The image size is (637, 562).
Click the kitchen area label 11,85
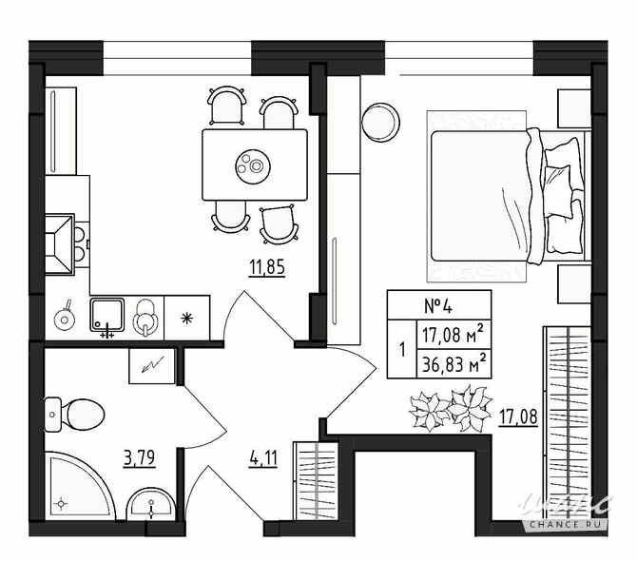(266, 265)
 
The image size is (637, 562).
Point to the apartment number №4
(437, 307)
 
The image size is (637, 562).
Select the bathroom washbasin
(149, 504)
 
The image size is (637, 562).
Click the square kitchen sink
(107, 315)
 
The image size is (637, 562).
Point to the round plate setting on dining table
(254, 165)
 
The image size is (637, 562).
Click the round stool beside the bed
(380, 121)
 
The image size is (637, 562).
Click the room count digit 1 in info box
(401, 348)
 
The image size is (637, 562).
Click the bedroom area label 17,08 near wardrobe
(518, 415)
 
